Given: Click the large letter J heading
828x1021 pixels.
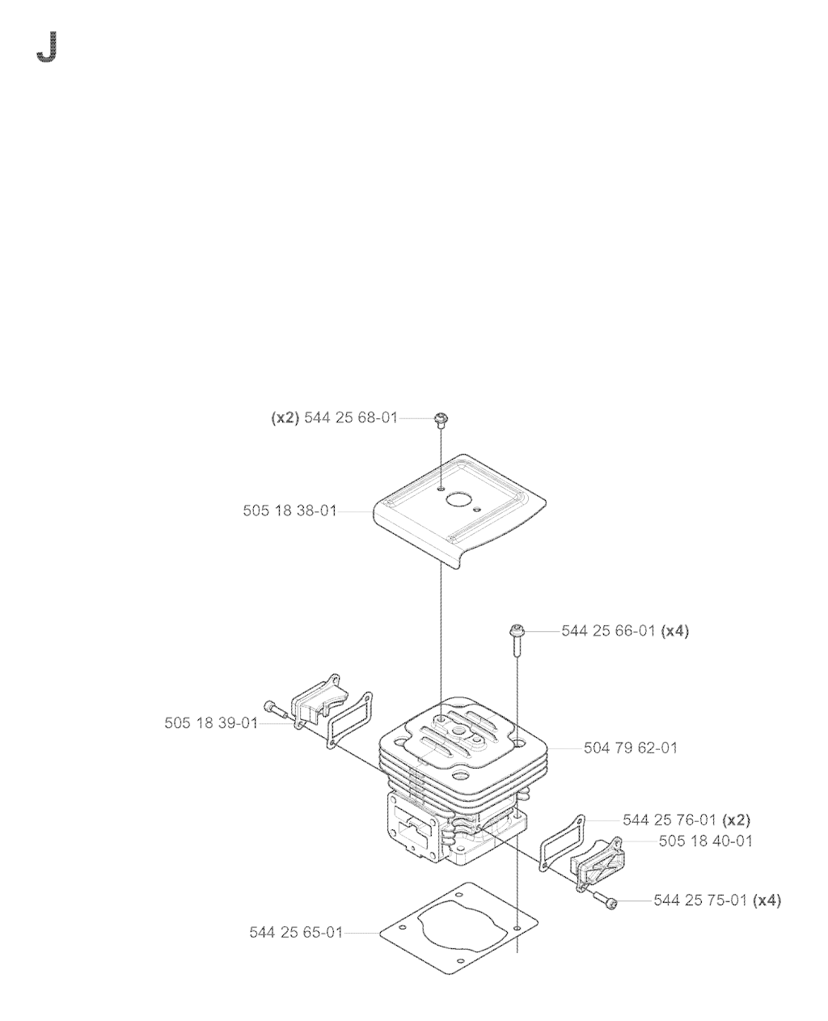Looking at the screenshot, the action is [x=47, y=46].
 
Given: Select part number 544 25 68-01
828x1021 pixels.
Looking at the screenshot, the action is [x=351, y=418].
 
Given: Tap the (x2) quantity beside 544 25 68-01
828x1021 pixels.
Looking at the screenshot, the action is [x=285, y=418].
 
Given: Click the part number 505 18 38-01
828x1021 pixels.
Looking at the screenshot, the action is [x=290, y=511].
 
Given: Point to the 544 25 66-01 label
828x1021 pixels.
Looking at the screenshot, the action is [x=608, y=631].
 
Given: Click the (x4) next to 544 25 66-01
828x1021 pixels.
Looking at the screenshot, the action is [x=674, y=631].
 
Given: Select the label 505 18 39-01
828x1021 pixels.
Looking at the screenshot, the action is [x=211, y=723].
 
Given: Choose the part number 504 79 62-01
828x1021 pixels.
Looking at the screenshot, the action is [x=631, y=748].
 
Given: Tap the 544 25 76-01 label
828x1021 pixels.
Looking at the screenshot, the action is [x=670, y=820].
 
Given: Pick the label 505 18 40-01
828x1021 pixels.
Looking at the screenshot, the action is [x=706, y=841].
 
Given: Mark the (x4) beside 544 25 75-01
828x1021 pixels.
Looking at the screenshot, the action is [x=767, y=900].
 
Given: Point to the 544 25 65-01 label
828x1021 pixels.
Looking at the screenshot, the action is [x=296, y=932].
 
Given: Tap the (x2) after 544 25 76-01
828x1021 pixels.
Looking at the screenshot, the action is [x=736, y=820].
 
